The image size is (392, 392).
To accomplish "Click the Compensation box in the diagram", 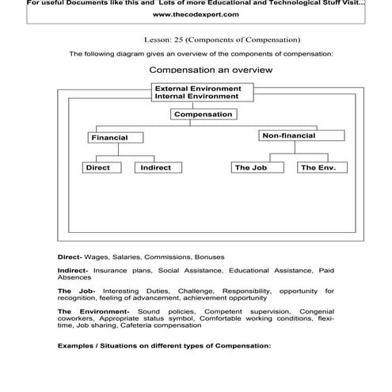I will (x=204, y=114).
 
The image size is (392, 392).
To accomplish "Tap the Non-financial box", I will (x=288, y=136).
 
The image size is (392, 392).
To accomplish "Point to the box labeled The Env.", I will (x=318, y=168).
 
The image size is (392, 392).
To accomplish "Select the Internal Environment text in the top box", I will (x=196, y=96).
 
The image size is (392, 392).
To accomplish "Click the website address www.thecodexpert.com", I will (x=196, y=14).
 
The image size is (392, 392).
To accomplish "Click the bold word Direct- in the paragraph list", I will (x=70, y=257).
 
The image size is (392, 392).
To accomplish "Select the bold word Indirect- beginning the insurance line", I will (x=73, y=270).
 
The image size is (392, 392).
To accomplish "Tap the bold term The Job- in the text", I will (x=76, y=291).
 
